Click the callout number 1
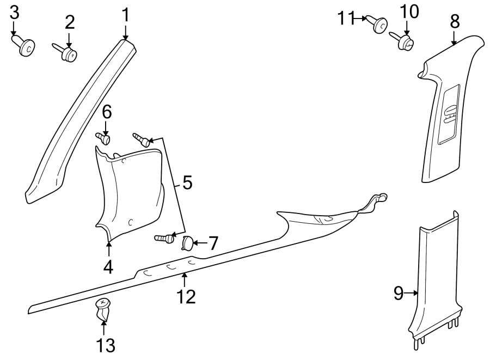(126, 15)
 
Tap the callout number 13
(103, 344)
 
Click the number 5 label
(187, 183)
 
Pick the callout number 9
(399, 294)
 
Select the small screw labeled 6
(104, 138)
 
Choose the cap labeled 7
(187, 243)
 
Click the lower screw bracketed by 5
(164, 238)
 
